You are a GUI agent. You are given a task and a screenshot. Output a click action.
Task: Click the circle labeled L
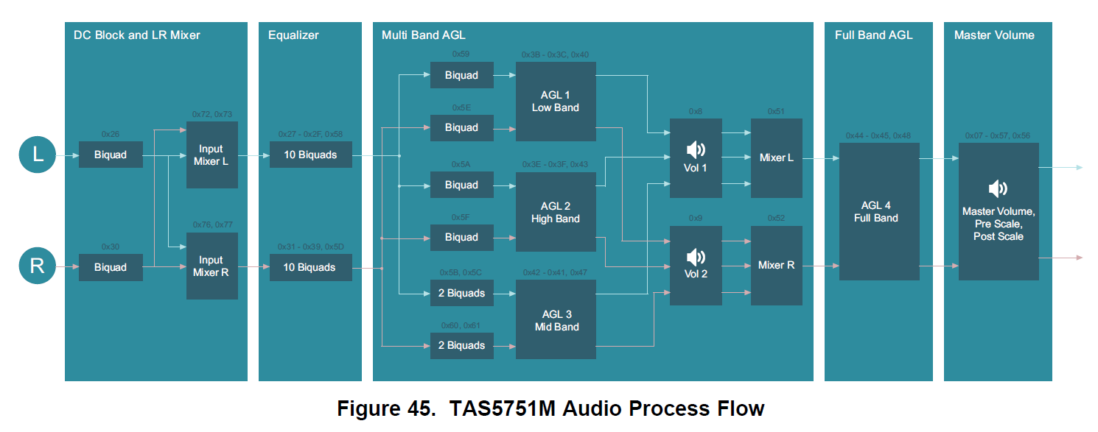[37, 155]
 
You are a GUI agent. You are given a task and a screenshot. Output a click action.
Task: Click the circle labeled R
[37, 266]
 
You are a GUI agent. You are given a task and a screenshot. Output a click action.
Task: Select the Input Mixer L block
[211, 155]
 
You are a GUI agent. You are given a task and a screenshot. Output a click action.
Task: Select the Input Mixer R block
[211, 266]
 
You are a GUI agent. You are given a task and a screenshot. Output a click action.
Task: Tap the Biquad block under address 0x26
[111, 155]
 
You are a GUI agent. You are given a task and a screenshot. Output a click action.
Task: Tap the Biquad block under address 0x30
[111, 267]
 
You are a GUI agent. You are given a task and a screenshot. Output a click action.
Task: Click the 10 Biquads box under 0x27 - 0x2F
[310, 155]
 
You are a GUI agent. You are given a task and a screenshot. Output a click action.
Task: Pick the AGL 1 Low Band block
[556, 102]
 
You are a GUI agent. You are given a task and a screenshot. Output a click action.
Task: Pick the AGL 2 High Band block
[556, 212]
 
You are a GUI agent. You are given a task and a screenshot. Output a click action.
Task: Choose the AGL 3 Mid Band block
[556, 320]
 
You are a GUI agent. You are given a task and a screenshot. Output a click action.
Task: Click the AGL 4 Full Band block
[878, 211]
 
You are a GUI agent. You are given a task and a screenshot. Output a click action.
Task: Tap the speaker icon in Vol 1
[695, 150]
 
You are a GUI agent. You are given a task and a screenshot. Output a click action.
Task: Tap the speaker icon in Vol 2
[695, 257]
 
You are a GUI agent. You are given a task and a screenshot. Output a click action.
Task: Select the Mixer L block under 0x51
[776, 157]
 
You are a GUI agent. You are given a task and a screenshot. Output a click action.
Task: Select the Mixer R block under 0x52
[776, 265]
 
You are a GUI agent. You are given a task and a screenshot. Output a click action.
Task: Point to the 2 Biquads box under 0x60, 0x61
[461, 345]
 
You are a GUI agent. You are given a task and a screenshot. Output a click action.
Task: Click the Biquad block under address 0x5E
[461, 127]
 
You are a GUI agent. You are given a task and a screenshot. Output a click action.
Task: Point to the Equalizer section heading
[294, 35]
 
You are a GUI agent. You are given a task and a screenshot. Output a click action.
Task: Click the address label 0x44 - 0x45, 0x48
[878, 135]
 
